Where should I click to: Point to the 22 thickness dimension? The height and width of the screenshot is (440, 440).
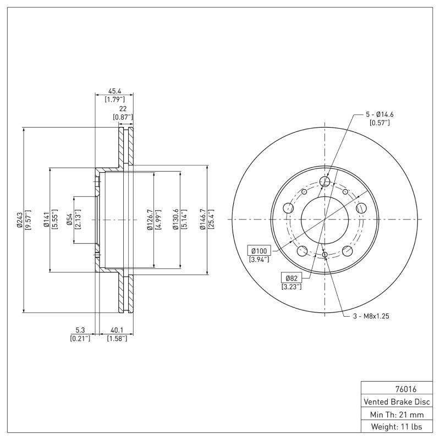pyautogui.click(x=123, y=109)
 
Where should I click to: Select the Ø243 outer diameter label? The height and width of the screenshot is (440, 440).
pyautogui.click(x=19, y=219)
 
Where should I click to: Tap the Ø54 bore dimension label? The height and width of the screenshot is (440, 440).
pyautogui.click(x=70, y=219)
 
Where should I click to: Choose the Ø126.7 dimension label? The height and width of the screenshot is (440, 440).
pyautogui.click(x=149, y=219)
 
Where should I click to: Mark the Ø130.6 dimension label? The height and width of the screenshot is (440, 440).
pyautogui.click(x=176, y=219)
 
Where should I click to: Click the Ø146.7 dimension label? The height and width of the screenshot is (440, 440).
pyautogui.click(x=202, y=219)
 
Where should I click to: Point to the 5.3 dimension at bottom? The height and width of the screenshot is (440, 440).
pyautogui.click(x=80, y=330)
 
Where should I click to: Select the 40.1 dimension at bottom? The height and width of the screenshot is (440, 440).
pyautogui.click(x=116, y=330)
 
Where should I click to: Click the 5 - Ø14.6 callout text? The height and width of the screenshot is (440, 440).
pyautogui.click(x=380, y=114)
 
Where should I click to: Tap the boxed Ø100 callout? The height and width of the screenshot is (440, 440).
pyautogui.click(x=258, y=251)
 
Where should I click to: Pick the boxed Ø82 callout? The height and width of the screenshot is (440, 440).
pyautogui.click(x=291, y=278)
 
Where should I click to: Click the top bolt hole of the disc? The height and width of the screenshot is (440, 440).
pyautogui.click(x=325, y=182)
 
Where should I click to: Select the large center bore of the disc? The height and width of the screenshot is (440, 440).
pyautogui.click(x=325, y=219)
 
